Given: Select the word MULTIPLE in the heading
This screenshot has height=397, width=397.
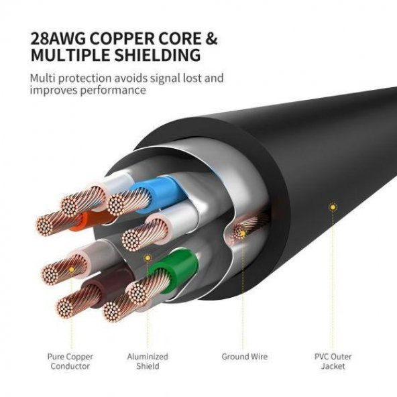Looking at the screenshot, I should [66, 55].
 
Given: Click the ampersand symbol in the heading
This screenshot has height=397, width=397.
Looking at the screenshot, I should [212, 38].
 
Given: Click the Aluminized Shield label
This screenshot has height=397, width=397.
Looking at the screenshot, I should [148, 361].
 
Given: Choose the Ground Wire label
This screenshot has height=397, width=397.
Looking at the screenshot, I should [244, 357].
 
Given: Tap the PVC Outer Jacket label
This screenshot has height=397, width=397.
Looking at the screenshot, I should [333, 361].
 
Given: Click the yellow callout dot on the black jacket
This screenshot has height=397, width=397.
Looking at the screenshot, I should [332, 207].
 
